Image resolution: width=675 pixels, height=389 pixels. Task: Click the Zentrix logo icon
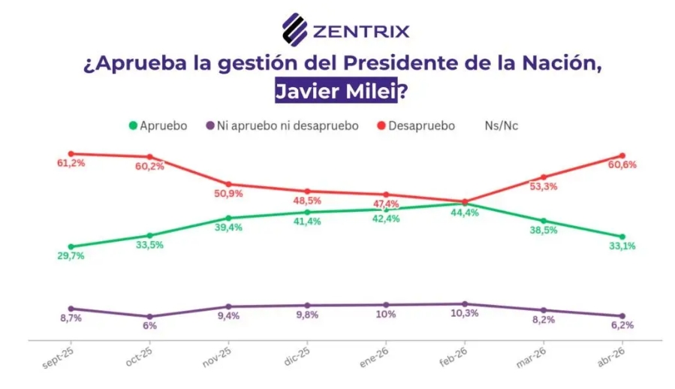point(294,30)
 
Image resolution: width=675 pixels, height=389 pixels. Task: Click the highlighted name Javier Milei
point(336,92)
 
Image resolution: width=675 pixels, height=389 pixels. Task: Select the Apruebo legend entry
point(158,126)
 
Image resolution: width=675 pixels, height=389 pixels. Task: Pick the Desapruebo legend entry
point(415,126)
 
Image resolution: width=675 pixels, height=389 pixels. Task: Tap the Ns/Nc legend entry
point(502,126)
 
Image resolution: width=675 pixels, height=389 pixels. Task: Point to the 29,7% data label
point(71,256)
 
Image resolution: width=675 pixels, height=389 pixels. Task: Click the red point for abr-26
point(622,155)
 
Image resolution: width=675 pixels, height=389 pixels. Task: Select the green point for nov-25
point(228,218)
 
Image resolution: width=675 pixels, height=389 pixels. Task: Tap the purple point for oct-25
point(150,316)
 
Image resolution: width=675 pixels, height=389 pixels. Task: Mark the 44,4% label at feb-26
point(465,213)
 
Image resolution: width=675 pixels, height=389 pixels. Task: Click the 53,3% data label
point(544,187)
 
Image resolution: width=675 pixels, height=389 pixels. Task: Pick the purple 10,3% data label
point(465,313)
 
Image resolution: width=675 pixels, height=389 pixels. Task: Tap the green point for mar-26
point(544,221)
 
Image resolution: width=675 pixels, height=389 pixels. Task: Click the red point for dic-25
point(307,191)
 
